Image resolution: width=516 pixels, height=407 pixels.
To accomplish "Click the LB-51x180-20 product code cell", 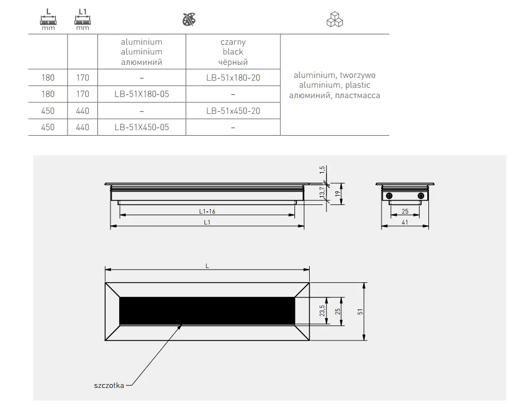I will (x=233, y=78).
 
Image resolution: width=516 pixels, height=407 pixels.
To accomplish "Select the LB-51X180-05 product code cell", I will (x=142, y=94).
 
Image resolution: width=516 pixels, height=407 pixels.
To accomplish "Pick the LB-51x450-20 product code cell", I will (x=233, y=111).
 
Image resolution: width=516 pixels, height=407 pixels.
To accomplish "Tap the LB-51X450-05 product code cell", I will (x=142, y=127).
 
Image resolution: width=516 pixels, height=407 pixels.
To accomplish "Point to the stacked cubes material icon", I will (x=335, y=21).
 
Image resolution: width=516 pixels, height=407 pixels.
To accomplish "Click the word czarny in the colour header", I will (x=233, y=42).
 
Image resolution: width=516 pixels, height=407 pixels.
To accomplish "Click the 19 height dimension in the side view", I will (x=338, y=193).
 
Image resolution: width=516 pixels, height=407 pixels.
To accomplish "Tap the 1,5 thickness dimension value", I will (x=322, y=171).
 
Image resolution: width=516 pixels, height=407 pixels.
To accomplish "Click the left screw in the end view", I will (x=389, y=195).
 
